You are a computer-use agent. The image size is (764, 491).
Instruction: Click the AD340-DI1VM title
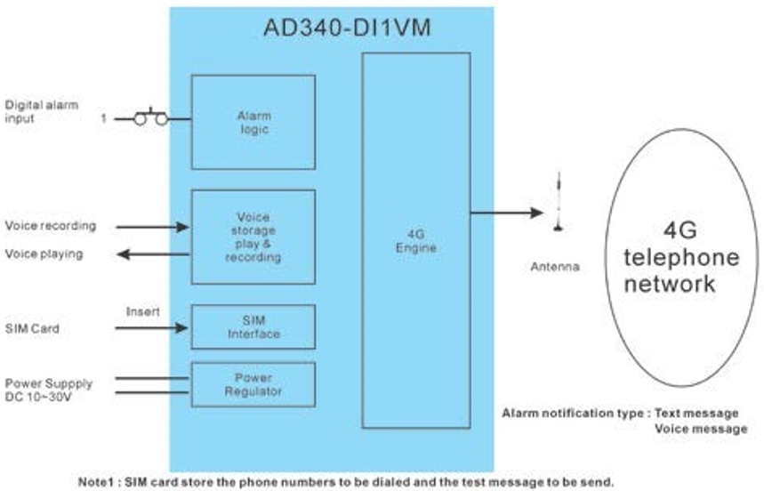pyautogui.click(x=346, y=28)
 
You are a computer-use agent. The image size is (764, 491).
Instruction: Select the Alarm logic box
pyautogui.click(x=253, y=122)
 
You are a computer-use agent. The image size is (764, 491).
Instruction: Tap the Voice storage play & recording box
pyautogui.click(x=253, y=237)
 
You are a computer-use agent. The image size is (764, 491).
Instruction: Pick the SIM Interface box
pyautogui.click(x=253, y=327)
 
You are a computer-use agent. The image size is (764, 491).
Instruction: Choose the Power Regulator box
pyautogui.click(x=253, y=383)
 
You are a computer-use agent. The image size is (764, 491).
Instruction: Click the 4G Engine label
pyautogui.click(x=415, y=242)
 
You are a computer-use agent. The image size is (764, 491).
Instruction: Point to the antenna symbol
pyautogui.click(x=559, y=203)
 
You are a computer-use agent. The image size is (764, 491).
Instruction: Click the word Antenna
pyautogui.click(x=556, y=267)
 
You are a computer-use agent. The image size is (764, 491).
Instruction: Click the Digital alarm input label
pyautogui.click(x=41, y=111)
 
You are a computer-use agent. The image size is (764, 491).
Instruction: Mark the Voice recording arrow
pyautogui.click(x=157, y=227)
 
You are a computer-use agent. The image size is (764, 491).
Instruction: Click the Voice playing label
pyautogui.click(x=44, y=254)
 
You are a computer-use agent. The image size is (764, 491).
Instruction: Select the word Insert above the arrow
pyautogui.click(x=142, y=312)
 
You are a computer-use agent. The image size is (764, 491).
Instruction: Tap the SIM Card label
pyautogui.click(x=32, y=328)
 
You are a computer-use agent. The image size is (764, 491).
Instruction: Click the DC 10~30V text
pyautogui.click(x=40, y=395)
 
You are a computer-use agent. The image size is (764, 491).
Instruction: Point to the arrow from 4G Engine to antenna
pyautogui.click(x=506, y=213)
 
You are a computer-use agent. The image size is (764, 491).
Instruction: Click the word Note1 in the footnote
pyautogui.click(x=97, y=481)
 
